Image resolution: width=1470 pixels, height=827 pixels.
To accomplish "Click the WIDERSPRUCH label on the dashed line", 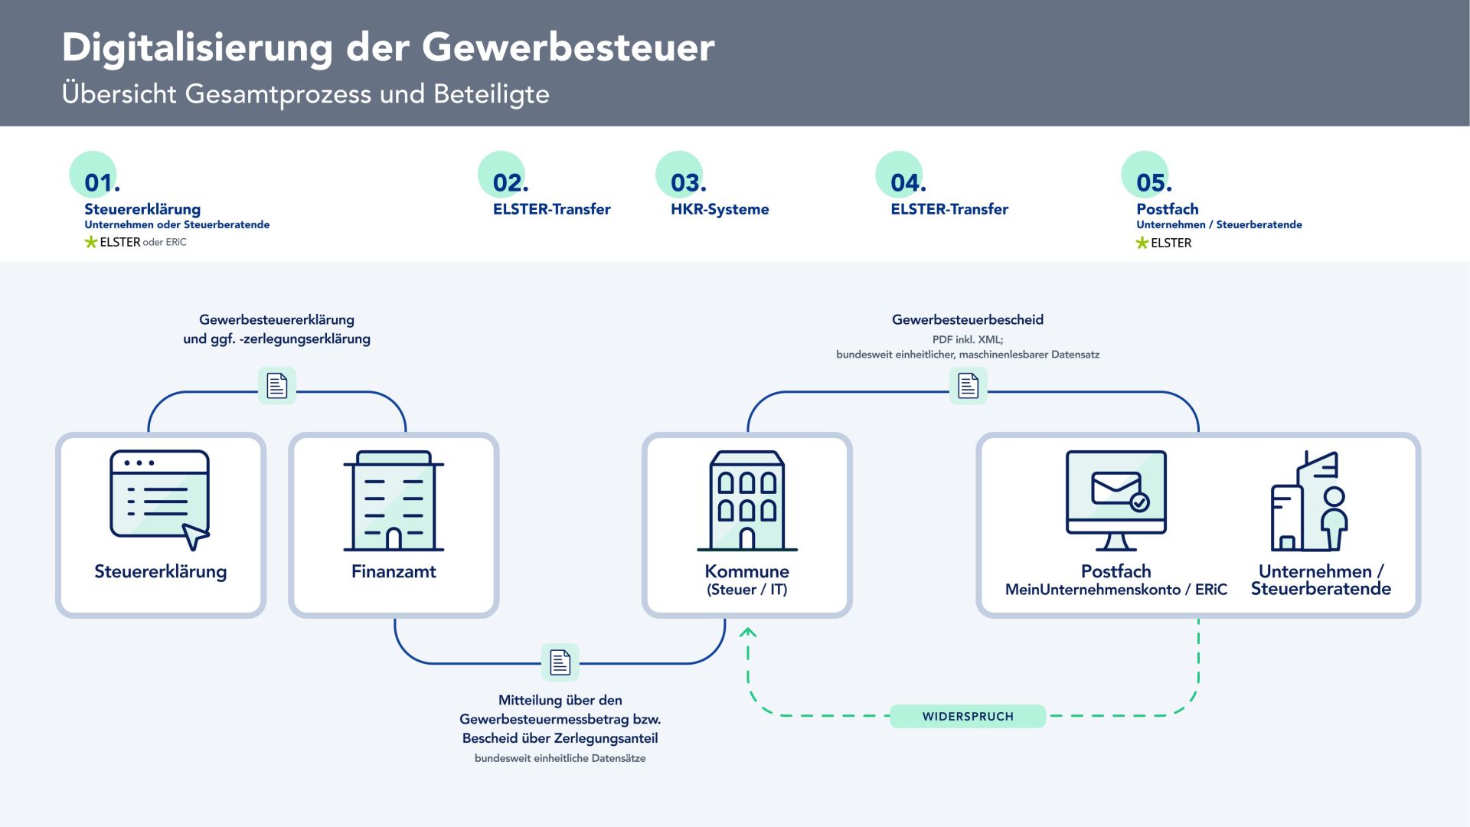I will click(x=968, y=717).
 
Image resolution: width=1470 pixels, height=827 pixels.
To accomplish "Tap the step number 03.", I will click(x=688, y=183).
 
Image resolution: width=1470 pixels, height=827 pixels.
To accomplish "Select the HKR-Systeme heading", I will click(x=720, y=209).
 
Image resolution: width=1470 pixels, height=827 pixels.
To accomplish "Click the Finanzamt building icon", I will click(x=394, y=501).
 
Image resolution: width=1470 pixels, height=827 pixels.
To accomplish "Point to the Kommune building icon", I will click(x=747, y=501).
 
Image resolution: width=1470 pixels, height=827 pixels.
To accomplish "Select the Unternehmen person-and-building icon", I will click(x=1309, y=502).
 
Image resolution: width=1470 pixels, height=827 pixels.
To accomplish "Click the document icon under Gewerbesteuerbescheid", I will click(x=969, y=385).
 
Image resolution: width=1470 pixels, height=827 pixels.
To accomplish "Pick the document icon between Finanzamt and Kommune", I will click(x=560, y=662).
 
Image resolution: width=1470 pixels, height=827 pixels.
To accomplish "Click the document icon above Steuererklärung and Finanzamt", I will click(x=277, y=385).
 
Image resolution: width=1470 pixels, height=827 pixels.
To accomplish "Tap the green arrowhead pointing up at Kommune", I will click(x=748, y=632).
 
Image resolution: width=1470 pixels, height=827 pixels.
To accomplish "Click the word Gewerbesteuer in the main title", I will click(x=568, y=47).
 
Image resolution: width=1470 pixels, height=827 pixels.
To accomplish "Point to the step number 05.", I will click(x=1153, y=183).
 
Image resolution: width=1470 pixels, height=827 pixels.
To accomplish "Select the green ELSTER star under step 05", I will click(x=1142, y=243).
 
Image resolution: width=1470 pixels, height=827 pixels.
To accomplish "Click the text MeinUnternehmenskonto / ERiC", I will click(x=1116, y=590).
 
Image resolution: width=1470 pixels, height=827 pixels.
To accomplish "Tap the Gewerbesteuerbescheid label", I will click(x=968, y=320).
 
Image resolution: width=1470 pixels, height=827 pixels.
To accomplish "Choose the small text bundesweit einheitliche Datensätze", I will click(x=560, y=758).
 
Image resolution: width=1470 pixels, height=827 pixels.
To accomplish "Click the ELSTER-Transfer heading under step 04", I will click(x=949, y=209).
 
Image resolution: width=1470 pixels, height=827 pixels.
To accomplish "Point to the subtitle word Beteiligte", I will click(x=492, y=94).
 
